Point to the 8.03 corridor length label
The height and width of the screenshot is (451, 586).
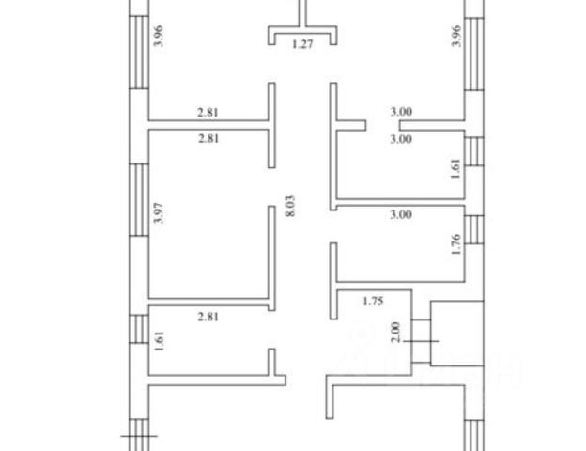290,207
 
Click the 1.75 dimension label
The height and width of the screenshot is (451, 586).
376,303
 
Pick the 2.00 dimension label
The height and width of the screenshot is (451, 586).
396,332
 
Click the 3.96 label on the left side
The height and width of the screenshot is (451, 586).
159,36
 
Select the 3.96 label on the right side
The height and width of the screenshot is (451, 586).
455,36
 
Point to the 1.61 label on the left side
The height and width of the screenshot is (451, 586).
159,337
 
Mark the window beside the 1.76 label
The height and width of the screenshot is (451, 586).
474,230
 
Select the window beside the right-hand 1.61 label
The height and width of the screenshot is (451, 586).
474,149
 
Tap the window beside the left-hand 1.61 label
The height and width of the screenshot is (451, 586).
138,330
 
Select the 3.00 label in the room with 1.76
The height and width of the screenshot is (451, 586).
401,215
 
